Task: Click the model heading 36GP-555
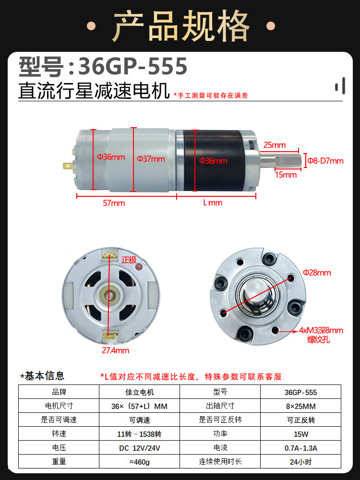(132, 66)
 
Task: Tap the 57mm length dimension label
(114, 203)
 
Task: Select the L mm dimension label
(213, 203)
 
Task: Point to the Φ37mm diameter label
(151, 159)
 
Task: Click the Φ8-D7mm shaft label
(325, 161)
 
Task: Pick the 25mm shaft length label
(275, 145)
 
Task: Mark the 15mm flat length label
(286, 175)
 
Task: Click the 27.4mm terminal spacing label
(115, 350)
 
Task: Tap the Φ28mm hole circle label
(317, 273)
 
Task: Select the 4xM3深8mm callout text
(321, 330)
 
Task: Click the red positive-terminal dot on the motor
(139, 267)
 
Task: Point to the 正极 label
(129, 260)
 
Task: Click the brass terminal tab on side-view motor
(68, 166)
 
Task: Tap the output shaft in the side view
(281, 160)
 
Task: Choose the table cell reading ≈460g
(139, 462)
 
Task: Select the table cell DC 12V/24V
(139, 448)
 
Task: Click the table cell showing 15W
(300, 434)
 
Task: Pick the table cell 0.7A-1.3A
(300, 448)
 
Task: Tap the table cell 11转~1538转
(139, 434)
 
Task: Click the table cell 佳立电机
(139, 392)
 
